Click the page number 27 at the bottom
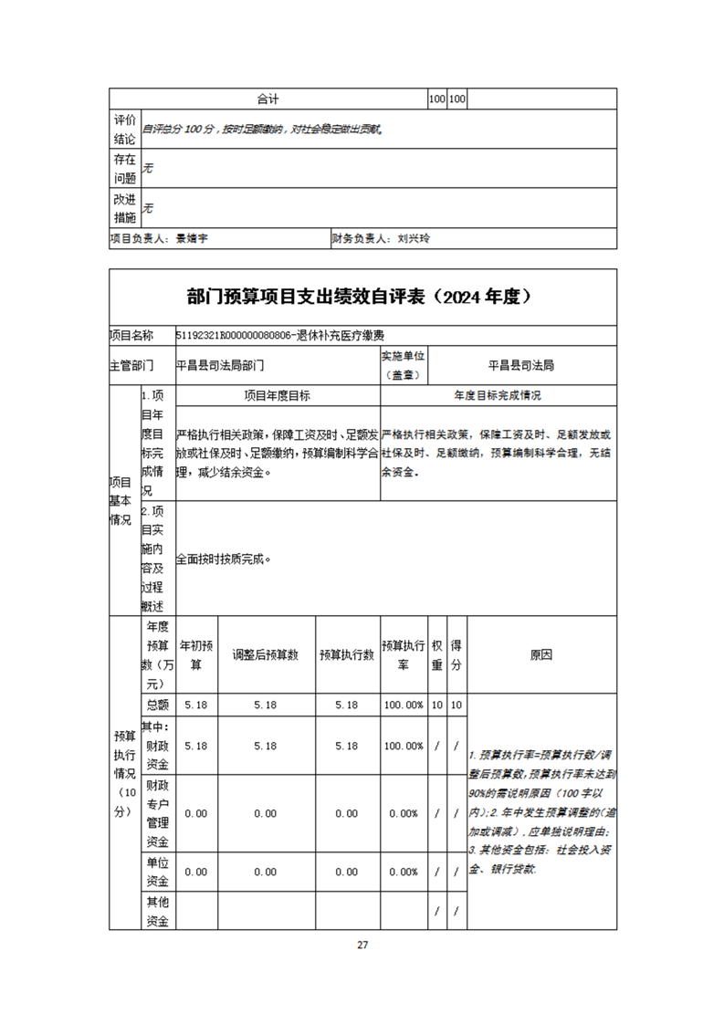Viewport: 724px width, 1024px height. tap(362, 945)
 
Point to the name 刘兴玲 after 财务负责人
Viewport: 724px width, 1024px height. tap(414, 238)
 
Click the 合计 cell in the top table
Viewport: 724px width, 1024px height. tap(268, 99)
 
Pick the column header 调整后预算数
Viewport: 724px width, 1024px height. tap(266, 655)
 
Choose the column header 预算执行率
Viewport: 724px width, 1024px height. tap(403, 655)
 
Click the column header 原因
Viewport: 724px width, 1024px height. tap(540, 655)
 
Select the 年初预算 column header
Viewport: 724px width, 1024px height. tap(196, 655)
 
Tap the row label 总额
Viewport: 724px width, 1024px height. tap(157, 705)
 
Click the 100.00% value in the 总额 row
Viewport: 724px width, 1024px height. tap(403, 705)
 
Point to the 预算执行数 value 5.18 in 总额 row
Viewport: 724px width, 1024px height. tap(347, 705)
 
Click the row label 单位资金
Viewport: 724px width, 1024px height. tap(157, 872)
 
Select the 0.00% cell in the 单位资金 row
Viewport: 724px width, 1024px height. tap(403, 872)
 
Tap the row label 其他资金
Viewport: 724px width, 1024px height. tap(157, 911)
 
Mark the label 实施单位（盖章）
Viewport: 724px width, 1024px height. tap(403, 365)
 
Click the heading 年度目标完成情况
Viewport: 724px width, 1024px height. tap(498, 396)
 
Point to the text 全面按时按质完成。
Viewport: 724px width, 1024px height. tap(224, 559)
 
